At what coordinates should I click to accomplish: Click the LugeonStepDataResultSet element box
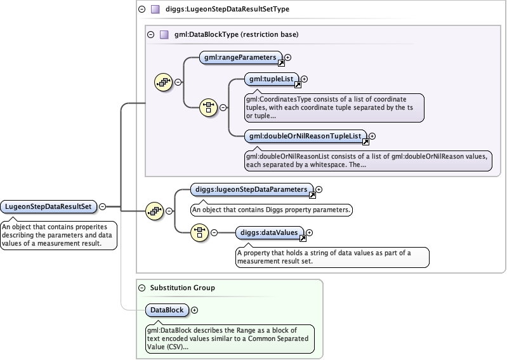click(x=48, y=206)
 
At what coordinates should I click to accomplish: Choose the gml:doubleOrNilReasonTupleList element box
click(x=306, y=135)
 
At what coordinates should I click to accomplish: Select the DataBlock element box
click(x=166, y=310)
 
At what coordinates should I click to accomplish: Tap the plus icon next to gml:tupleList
click(x=304, y=79)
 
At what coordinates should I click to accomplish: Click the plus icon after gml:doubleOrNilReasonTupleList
click(x=372, y=135)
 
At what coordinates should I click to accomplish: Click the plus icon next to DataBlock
click(x=194, y=310)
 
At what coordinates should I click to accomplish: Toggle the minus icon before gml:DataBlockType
click(x=150, y=34)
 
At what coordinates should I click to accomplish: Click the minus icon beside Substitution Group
click(x=142, y=288)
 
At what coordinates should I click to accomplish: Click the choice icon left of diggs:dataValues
click(x=199, y=232)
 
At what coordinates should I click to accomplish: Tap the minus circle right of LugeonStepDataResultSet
click(x=102, y=206)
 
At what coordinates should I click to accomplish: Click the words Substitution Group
click(x=182, y=288)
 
